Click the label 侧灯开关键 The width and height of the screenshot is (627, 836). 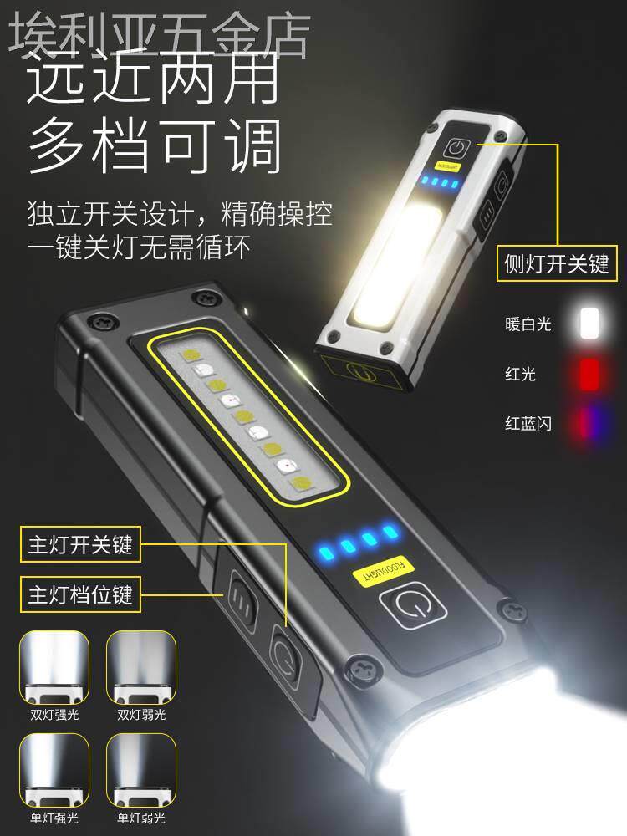click(x=556, y=265)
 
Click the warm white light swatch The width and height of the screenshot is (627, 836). click(x=589, y=324)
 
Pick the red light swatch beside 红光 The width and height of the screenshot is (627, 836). click(x=589, y=373)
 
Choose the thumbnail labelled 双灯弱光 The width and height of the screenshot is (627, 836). click(x=141, y=670)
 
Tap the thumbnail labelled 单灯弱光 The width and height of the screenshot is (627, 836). click(x=141, y=770)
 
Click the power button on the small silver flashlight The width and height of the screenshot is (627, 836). click(x=456, y=150)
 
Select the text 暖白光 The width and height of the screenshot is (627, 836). click(x=529, y=324)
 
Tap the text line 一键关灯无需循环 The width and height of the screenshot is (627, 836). click(x=139, y=248)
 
